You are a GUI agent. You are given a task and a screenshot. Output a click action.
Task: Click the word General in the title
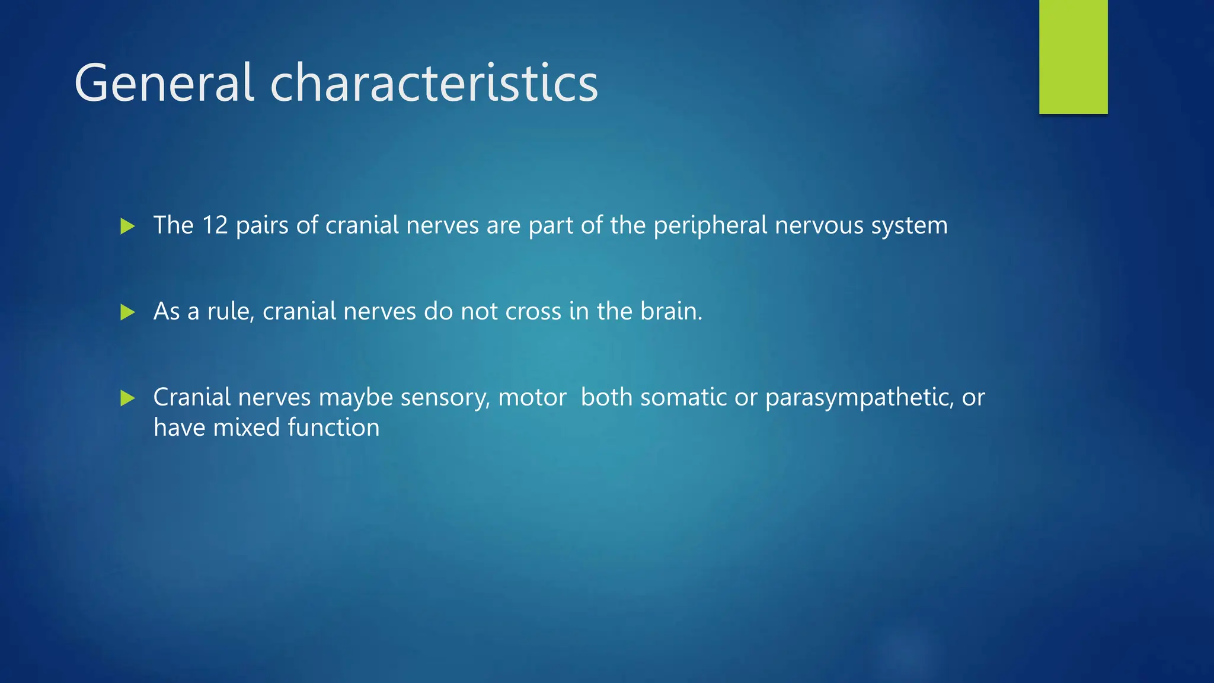pos(164,83)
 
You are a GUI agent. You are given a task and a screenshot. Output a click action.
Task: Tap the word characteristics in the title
pos(434,83)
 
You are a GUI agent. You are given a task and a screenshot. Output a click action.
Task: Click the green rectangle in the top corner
pos(1073,56)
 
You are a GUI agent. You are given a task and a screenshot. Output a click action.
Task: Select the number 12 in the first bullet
pos(215,225)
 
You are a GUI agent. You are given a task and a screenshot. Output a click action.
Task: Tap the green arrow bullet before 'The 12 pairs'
pos(127,226)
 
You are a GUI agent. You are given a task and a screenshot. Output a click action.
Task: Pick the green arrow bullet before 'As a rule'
pos(127,312)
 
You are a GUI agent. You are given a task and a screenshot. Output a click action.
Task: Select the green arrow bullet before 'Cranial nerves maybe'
pos(127,398)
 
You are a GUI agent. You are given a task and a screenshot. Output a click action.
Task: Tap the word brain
pos(670,311)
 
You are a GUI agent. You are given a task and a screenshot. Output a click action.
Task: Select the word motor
pos(532,398)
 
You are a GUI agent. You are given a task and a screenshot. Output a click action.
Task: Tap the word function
pos(333,427)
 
